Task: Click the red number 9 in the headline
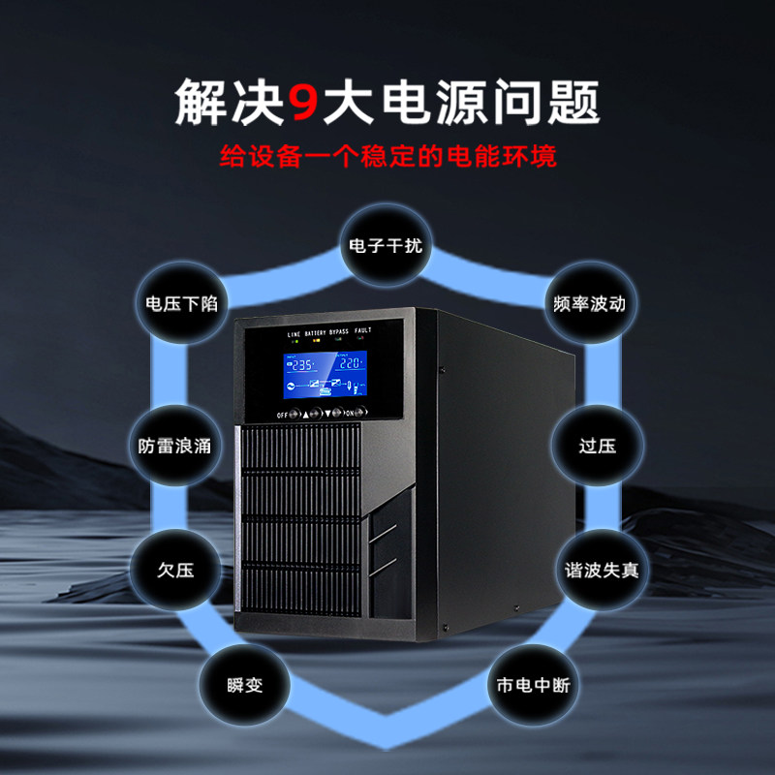coord(303,102)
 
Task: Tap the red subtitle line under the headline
coord(387,155)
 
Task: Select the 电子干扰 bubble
coord(386,245)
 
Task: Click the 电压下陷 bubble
coord(181,303)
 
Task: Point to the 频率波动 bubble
coord(589,303)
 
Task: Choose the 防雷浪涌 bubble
coord(174,447)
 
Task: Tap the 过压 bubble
coord(597,447)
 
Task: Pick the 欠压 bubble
coord(175,570)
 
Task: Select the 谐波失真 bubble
coord(597,570)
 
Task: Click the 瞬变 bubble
coord(244,686)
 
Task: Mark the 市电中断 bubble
coord(528,686)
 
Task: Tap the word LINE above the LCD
coord(294,334)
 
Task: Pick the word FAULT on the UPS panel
coord(362,331)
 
